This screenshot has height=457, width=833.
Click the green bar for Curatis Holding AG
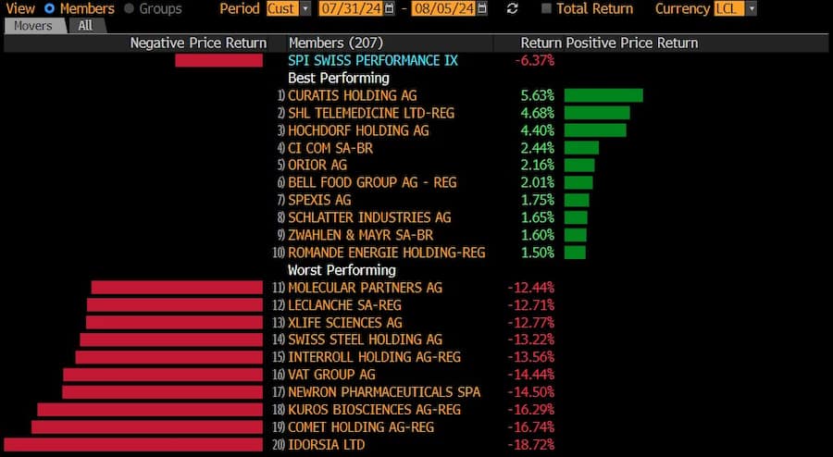click(603, 95)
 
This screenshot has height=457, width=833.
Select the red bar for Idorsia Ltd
click(133, 445)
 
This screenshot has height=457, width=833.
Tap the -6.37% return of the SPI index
click(534, 60)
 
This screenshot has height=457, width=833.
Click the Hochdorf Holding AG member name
click(358, 130)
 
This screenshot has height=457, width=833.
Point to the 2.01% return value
click(537, 182)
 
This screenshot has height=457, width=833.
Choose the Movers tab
click(33, 26)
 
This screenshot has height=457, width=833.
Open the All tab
click(85, 26)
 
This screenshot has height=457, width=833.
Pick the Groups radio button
click(129, 8)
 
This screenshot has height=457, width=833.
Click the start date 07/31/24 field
click(351, 8)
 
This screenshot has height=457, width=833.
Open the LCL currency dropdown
click(735, 8)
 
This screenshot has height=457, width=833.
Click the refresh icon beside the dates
click(513, 8)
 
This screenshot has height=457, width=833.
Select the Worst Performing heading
click(342, 270)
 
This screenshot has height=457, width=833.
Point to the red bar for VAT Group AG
click(163, 375)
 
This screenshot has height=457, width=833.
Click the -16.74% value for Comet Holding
click(530, 427)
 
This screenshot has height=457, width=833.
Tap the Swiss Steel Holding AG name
click(365, 340)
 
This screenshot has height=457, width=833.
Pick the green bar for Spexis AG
click(577, 200)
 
